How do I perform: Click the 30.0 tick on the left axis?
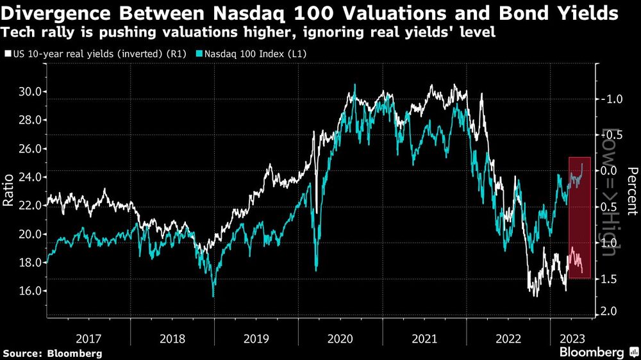30,92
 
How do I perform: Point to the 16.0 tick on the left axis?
30,290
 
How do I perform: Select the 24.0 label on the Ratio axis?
30,177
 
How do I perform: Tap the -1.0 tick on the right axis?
610,99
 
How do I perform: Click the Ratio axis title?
8,192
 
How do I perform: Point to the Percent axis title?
632,191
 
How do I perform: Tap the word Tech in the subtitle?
18,31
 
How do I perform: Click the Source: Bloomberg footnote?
53,353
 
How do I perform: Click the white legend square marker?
8,54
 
